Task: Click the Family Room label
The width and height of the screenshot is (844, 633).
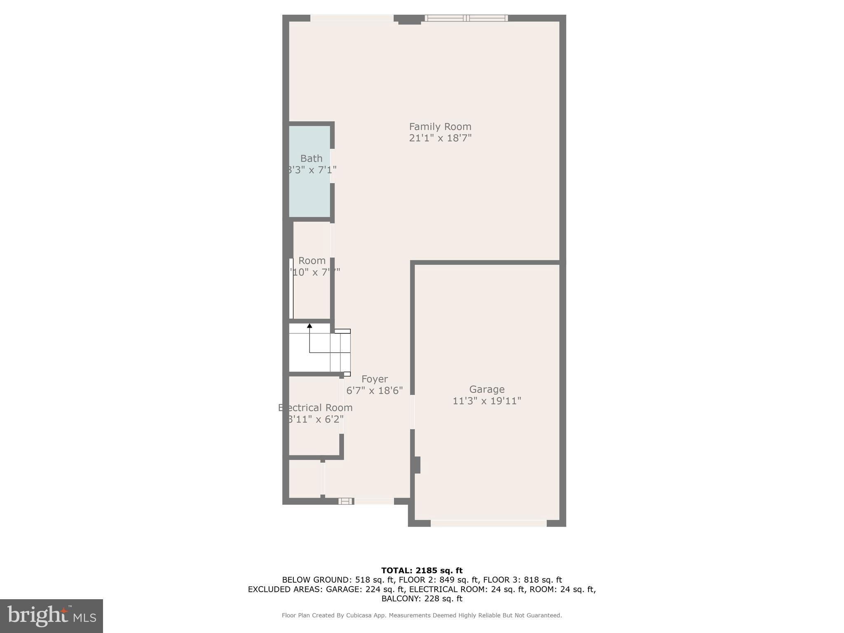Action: pos(440,127)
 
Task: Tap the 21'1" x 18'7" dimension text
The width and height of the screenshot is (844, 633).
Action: pos(440,138)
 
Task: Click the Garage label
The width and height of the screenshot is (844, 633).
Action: pos(487,389)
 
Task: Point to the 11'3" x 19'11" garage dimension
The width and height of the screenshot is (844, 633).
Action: pos(487,401)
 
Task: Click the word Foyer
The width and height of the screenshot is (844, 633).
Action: pos(374,379)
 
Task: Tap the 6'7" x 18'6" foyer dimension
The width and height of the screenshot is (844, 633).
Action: pos(374,390)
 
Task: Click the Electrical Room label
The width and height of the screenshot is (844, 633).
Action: pos(316,408)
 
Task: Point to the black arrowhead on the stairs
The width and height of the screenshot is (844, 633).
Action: pos(309,326)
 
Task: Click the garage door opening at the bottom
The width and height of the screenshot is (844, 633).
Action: pos(488,523)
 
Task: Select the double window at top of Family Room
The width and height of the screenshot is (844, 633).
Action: pos(466,18)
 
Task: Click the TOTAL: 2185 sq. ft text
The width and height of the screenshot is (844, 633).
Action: pos(422,570)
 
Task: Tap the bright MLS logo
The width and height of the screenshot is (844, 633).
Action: pos(51,616)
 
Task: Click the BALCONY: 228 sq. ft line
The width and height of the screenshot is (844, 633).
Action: pos(422,598)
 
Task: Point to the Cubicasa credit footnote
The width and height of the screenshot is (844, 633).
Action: pos(422,615)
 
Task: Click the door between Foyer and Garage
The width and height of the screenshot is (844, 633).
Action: pos(412,412)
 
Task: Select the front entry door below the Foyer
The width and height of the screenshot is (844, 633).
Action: pos(374,501)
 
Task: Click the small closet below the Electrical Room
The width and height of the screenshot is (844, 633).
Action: pos(305,479)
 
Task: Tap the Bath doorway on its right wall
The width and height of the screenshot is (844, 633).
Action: pos(332,166)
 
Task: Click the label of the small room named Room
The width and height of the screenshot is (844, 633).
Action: pos(312,260)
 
